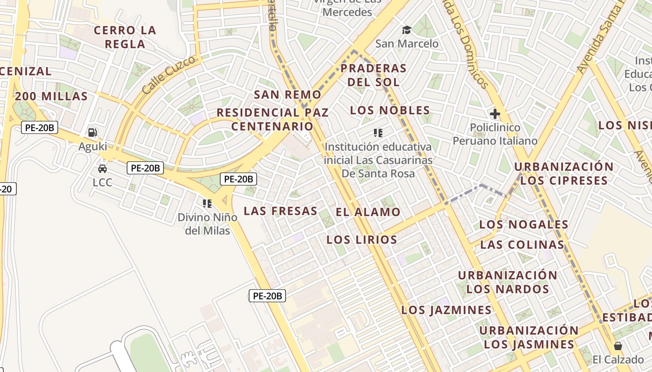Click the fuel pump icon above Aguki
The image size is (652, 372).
(x=93, y=133)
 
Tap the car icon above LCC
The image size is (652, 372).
(x=102, y=168)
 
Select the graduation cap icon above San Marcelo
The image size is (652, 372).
(x=407, y=30)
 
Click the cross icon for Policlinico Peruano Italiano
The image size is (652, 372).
(x=495, y=113)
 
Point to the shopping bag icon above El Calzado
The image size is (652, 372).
(x=618, y=346)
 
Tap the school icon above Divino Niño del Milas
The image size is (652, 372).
(x=207, y=203)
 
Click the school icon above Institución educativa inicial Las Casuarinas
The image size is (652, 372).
(x=378, y=133)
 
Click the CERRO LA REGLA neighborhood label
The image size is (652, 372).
(x=125, y=37)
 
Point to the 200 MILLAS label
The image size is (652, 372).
(x=51, y=96)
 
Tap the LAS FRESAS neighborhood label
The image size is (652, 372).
(x=280, y=211)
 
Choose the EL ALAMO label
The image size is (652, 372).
(x=368, y=212)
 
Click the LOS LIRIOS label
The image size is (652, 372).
(x=361, y=240)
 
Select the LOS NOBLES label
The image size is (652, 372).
(x=390, y=110)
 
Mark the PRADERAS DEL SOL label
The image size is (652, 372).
(x=374, y=75)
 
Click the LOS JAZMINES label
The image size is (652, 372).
(x=446, y=310)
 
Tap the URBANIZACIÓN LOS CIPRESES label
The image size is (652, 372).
(x=564, y=173)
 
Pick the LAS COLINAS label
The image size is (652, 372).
(x=522, y=245)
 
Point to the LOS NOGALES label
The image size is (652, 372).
(x=524, y=225)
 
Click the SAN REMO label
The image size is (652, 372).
(x=287, y=94)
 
